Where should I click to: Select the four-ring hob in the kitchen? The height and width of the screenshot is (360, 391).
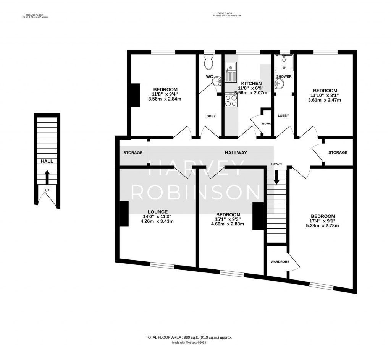pyautogui.click(x=231, y=101)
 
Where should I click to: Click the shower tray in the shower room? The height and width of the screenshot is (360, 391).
pyautogui.click(x=284, y=63)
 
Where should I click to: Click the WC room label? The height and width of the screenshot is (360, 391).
pyautogui.click(x=209, y=76)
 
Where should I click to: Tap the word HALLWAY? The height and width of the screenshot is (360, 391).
pyautogui.click(x=236, y=153)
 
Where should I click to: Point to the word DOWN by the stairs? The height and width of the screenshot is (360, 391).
pyautogui.click(x=276, y=164)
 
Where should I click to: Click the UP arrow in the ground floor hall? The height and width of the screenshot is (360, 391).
pyautogui.click(x=47, y=177)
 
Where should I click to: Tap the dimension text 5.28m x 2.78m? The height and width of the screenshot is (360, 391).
pyautogui.click(x=322, y=225)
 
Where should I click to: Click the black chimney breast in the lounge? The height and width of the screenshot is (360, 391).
pyautogui.click(x=124, y=214)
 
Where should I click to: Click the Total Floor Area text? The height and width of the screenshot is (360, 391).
pyautogui.click(x=189, y=337)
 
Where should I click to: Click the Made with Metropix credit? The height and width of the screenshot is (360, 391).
pyautogui.click(x=189, y=342)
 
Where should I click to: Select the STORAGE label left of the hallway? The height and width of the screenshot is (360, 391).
pyautogui.click(x=132, y=153)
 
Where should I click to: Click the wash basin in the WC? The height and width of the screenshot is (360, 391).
pyautogui.click(x=217, y=81)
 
